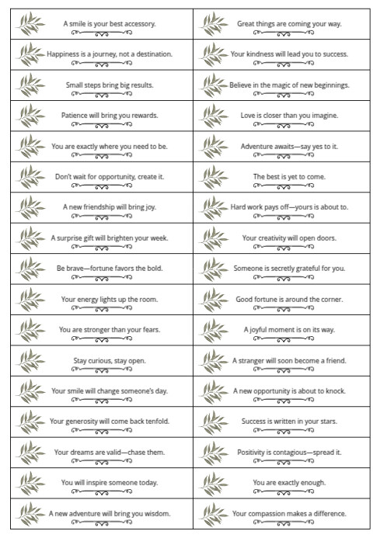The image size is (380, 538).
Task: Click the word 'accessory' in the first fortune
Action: pos(140,24)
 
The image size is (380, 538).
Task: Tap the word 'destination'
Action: pos(152,54)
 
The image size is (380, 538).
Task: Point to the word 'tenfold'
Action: pos(155,422)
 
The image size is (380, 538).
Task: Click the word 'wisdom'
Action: pos(155,513)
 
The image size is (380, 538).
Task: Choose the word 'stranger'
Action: pos(254,360)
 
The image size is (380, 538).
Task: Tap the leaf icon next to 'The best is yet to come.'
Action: pos(210,178)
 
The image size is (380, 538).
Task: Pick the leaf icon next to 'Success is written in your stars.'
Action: pos(210,422)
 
